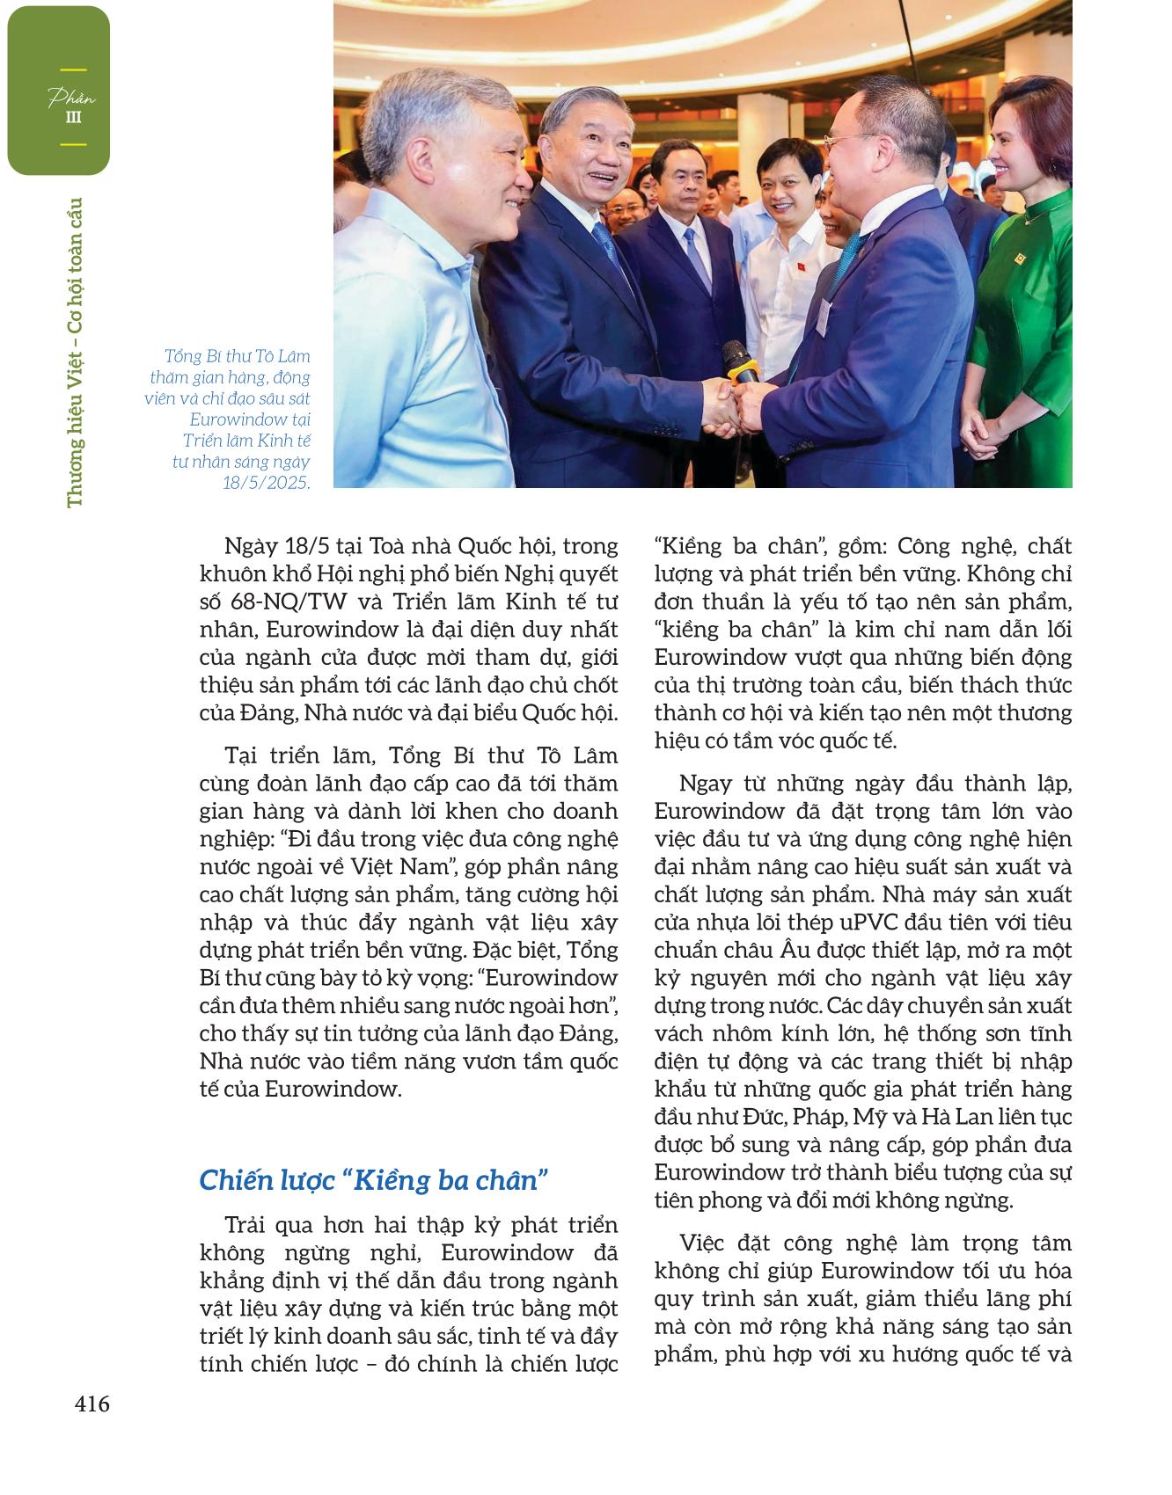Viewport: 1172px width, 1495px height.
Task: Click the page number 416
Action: click(92, 1404)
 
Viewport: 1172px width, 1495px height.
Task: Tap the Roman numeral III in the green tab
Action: click(75, 117)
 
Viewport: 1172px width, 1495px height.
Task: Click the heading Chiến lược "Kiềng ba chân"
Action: click(374, 1180)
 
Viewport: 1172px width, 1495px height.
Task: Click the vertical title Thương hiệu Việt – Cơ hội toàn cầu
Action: click(75, 352)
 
